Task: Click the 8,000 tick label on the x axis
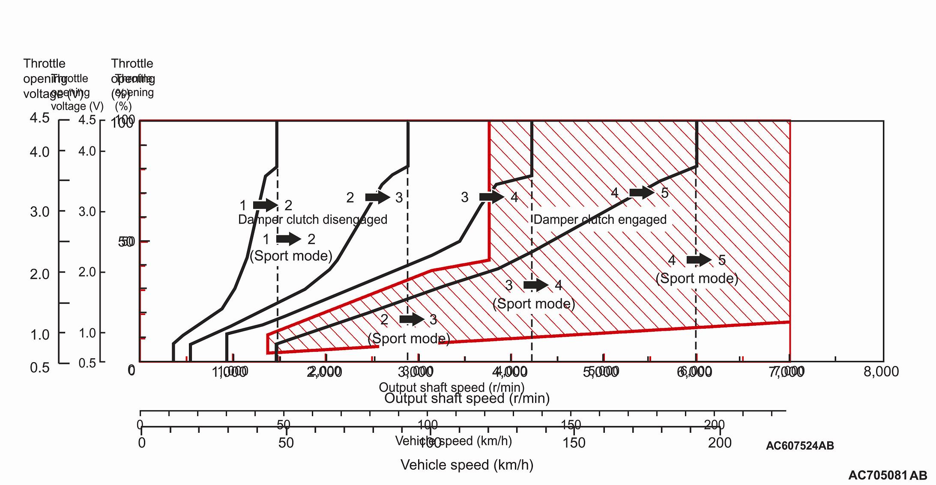click(x=881, y=372)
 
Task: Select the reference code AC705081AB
click(x=888, y=475)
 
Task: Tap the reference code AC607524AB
click(x=800, y=446)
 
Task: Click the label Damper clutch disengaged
click(x=312, y=220)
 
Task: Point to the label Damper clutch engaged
click(x=600, y=220)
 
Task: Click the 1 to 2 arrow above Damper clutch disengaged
click(x=266, y=205)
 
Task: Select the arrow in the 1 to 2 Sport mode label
click(x=289, y=239)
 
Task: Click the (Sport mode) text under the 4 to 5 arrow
click(x=697, y=279)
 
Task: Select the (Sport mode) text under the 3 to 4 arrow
click(x=534, y=304)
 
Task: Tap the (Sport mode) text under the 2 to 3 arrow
click(x=409, y=339)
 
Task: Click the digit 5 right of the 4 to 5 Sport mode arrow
click(x=722, y=260)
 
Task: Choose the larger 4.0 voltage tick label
click(x=39, y=152)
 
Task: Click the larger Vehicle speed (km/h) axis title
click(x=467, y=465)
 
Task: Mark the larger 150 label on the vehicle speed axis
click(x=574, y=443)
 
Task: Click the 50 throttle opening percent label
click(x=126, y=242)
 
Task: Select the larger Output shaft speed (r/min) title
click(x=467, y=399)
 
